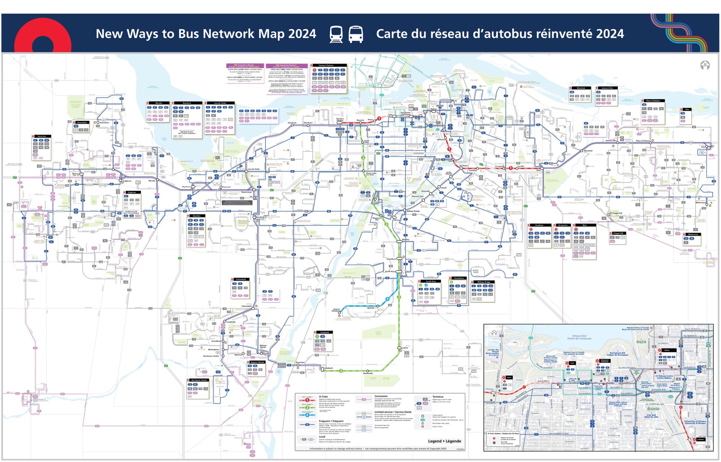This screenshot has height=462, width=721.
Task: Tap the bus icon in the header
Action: [356, 34]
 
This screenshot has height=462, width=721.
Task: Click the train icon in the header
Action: [336, 34]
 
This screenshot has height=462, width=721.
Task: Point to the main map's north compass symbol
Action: [705, 65]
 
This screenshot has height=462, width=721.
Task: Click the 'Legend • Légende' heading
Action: [444, 441]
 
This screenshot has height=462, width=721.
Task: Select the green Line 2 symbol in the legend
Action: [307, 408]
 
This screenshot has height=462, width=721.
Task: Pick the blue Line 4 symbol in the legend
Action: [307, 415]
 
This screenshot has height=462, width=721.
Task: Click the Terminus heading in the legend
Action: [438, 397]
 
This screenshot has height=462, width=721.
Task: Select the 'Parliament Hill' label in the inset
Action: [617, 354]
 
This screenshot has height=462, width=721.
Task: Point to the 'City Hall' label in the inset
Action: [651, 416]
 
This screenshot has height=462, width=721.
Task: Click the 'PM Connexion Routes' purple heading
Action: [244, 66]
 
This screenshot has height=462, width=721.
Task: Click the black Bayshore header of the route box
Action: [187, 103]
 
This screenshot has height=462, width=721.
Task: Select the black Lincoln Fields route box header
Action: [220, 103]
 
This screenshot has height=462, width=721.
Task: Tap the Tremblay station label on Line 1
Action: [472, 171]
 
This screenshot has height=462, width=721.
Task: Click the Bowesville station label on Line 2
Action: [368, 373]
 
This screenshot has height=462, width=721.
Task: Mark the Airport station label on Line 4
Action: [336, 310]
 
